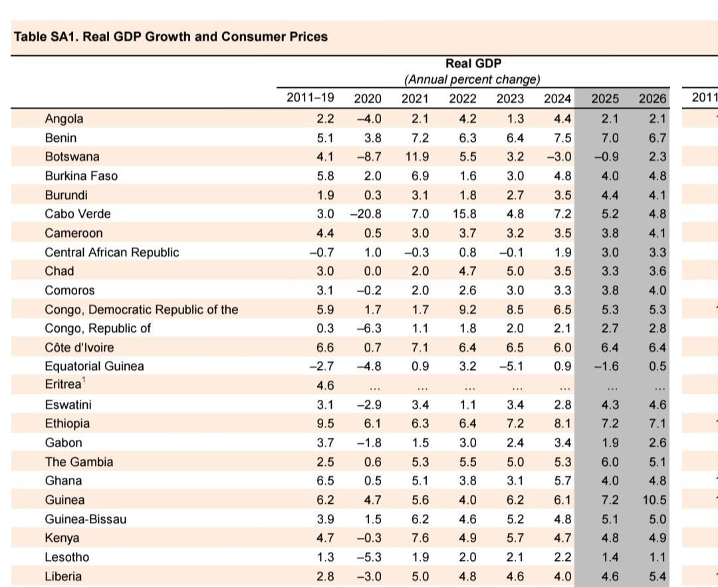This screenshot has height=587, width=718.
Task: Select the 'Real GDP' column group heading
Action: coord(473,64)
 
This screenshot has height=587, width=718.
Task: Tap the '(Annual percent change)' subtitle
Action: coord(473,80)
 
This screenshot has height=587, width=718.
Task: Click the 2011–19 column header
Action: coord(310,98)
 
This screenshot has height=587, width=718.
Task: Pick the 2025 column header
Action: coord(605,98)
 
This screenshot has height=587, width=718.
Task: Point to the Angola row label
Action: coord(64,119)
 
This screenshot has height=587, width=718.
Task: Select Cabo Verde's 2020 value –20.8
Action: coord(365,214)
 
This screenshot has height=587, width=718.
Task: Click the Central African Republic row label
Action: coord(112,252)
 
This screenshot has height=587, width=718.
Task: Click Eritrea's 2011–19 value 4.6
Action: coord(324,385)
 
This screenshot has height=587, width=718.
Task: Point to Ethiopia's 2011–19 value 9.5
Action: coord(324,424)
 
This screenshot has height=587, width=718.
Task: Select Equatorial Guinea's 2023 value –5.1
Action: coord(511,367)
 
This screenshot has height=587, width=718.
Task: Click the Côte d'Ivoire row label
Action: coord(79,347)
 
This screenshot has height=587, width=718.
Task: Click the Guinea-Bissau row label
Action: coord(85,519)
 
